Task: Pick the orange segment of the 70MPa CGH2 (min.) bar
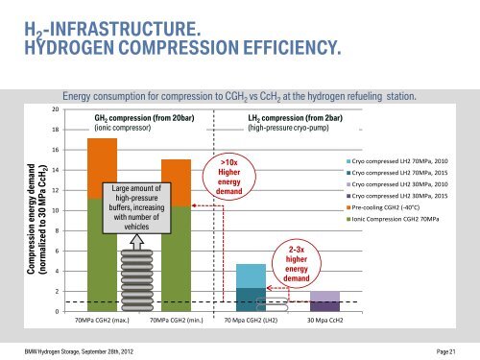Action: tap(176, 181)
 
